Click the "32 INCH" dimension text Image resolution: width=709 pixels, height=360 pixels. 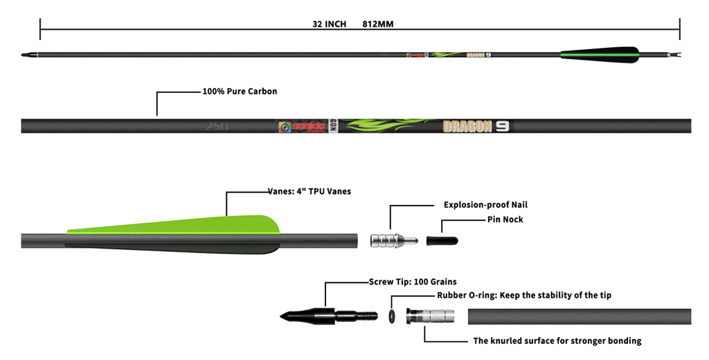(x=329, y=24)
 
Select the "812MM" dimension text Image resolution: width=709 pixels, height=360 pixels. (x=378, y=24)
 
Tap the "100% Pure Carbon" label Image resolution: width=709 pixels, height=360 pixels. (x=240, y=91)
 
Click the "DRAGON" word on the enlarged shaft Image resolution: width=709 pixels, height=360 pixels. (x=467, y=126)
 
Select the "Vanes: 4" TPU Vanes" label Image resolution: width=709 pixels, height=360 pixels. (x=309, y=191)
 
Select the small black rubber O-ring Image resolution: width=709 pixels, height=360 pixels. (x=391, y=316)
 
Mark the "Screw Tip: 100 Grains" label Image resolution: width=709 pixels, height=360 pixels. (x=413, y=282)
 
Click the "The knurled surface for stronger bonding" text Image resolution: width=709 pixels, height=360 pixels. (x=557, y=341)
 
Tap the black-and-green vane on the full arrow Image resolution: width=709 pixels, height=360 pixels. (x=600, y=55)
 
